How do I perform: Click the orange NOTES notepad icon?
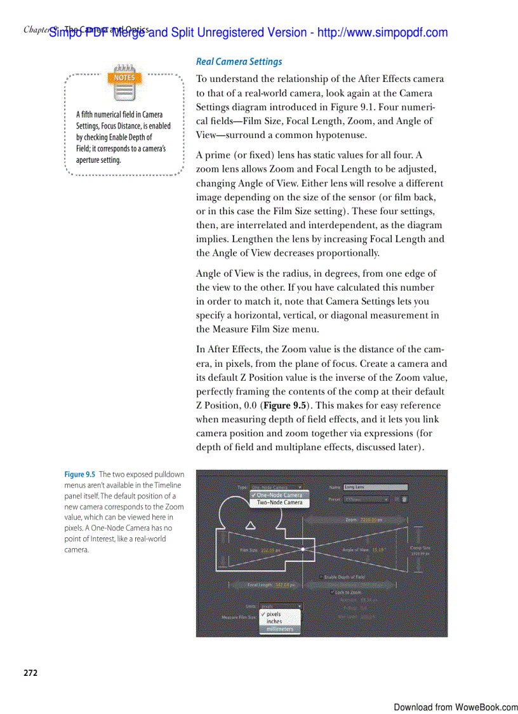tap(124, 83)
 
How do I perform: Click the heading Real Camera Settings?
tap(239, 62)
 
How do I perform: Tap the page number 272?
tap(31, 673)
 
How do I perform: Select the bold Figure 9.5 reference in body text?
tap(286, 406)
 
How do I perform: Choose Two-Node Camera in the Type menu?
tap(279, 502)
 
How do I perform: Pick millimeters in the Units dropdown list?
tap(279, 629)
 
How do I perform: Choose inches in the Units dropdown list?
tap(274, 622)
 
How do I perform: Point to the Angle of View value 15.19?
tap(379, 549)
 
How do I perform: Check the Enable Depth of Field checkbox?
tap(321, 577)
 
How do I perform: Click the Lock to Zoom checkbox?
tap(333, 592)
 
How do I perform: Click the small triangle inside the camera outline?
tap(250, 525)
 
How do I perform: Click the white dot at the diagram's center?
tap(303, 549)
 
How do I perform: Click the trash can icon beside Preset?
tap(404, 500)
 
